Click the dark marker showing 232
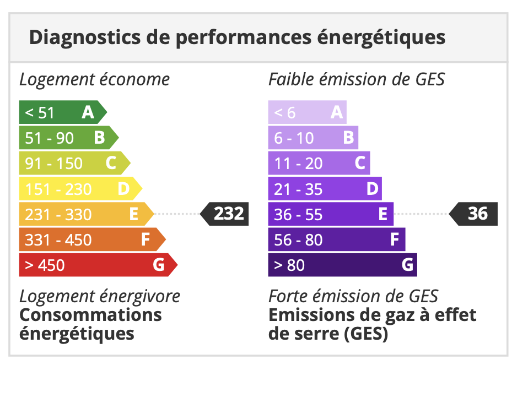[225, 214]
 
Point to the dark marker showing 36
[475, 214]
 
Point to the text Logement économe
[94, 79]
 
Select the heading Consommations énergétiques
[90, 324]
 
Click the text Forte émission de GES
[353, 296]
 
